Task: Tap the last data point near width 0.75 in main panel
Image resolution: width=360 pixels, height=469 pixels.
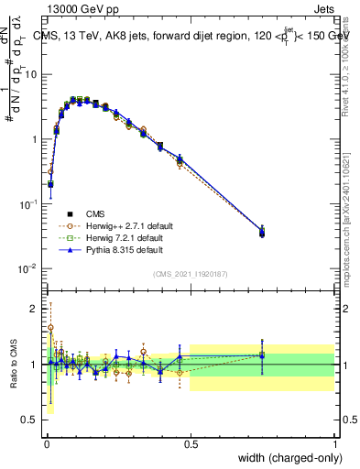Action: pos(262,233)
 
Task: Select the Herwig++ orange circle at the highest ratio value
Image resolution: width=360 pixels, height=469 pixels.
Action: pos(50,327)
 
